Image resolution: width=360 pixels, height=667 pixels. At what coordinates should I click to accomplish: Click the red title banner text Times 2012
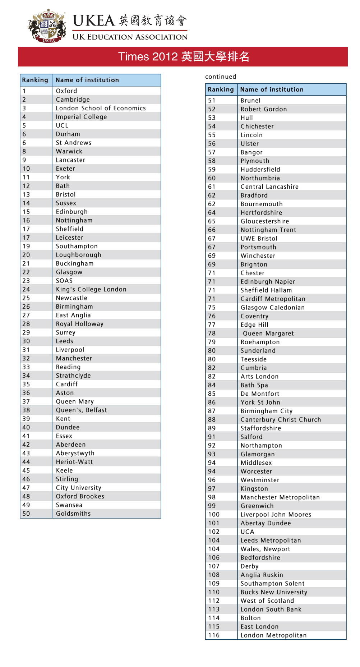148,57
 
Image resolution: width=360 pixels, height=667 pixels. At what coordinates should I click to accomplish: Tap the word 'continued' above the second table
221,77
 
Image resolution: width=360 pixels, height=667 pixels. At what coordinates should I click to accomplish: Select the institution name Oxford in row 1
66,91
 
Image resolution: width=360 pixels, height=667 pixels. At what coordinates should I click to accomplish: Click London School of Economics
101,108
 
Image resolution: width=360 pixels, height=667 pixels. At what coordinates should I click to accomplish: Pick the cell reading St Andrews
74,143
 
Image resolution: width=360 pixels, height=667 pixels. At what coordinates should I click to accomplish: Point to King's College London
91,289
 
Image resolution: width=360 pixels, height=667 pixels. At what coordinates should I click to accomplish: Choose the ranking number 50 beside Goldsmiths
26,514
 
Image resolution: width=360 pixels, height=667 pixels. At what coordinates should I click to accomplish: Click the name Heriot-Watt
74,462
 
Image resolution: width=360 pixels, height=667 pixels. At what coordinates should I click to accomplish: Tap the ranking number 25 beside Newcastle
26,298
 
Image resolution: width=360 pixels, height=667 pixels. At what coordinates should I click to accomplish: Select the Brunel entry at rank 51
250,101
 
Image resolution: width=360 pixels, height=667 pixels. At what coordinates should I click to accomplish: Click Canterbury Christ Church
281,420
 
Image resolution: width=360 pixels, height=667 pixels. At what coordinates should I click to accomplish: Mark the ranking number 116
214,635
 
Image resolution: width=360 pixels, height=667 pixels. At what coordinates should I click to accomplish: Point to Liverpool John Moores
276,515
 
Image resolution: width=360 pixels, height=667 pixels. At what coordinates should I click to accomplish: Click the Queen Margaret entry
268,333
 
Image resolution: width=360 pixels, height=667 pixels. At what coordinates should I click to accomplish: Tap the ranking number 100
214,515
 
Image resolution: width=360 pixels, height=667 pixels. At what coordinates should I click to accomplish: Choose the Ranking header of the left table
35,80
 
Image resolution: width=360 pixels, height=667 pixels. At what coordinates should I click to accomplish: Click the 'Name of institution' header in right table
272,89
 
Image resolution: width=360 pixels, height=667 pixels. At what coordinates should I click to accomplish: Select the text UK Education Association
130,37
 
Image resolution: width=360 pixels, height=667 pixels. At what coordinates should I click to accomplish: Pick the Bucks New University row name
274,592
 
